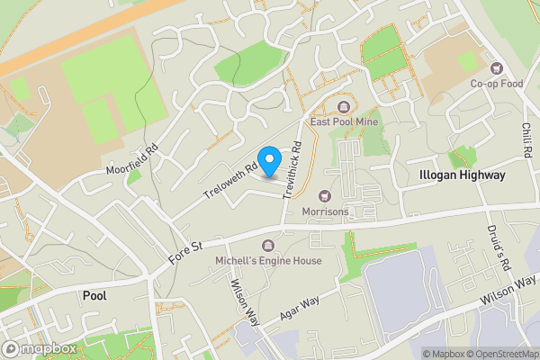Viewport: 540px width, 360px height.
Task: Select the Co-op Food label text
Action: tap(496, 84)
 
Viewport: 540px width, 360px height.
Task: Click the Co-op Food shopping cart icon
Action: tap(495, 68)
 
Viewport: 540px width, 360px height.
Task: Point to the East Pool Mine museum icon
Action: tap(345, 106)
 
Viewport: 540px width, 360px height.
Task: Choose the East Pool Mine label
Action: tap(345, 121)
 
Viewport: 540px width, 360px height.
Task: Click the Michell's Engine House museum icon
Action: tap(267, 245)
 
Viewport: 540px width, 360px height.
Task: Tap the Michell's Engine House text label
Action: tap(267, 260)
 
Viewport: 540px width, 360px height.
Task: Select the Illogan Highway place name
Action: tap(462, 175)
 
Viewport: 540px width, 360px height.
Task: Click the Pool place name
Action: tap(94, 294)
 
